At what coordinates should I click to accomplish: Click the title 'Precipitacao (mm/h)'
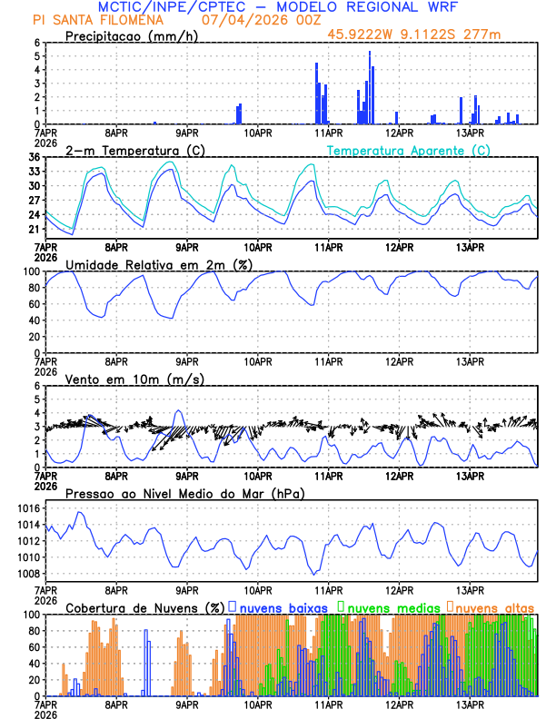(x=130, y=35)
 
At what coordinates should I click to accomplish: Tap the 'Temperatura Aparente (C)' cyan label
(x=409, y=150)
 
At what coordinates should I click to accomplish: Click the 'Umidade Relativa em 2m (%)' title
(x=159, y=264)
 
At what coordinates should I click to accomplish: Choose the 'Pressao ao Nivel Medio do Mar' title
(x=184, y=493)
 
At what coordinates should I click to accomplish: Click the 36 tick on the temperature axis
(x=34, y=157)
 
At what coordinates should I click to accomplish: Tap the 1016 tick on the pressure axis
(x=27, y=508)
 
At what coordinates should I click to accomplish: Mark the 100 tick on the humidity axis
(x=31, y=271)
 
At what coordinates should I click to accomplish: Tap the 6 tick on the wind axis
(x=37, y=386)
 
